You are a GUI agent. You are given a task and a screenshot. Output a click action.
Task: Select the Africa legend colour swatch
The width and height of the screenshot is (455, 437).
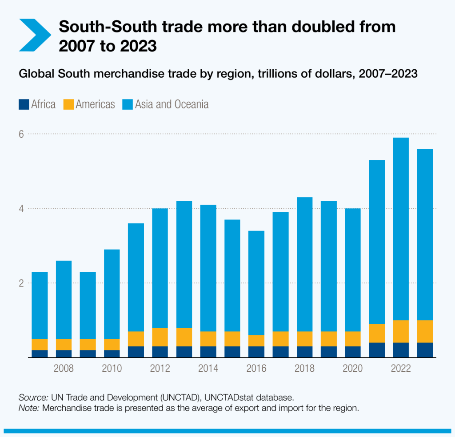click(24, 104)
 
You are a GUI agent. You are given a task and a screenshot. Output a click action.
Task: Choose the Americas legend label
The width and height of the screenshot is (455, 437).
click(95, 104)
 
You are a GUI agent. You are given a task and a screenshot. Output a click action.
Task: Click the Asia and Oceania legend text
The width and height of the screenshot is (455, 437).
click(172, 104)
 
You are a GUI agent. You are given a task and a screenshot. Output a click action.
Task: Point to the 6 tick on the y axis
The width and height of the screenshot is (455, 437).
click(21, 134)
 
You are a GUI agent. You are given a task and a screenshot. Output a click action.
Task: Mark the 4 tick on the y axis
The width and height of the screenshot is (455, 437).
click(21, 208)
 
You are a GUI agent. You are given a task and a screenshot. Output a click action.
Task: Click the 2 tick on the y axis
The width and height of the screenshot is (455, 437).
click(21, 283)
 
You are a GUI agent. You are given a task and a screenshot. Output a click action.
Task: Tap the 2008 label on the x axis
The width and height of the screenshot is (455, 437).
click(64, 369)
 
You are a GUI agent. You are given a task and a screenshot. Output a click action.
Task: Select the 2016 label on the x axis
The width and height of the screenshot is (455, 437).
click(256, 369)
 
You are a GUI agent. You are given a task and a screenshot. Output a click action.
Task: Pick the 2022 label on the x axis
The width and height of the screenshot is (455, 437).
click(401, 369)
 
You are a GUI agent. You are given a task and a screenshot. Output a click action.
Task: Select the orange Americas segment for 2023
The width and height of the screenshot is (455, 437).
click(425, 331)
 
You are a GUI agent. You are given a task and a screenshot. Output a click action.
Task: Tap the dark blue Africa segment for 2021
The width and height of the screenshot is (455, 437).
click(377, 350)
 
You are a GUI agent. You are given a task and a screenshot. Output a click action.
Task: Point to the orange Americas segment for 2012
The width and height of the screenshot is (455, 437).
click(160, 337)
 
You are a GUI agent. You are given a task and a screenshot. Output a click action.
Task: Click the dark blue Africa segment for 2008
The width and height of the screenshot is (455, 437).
click(64, 354)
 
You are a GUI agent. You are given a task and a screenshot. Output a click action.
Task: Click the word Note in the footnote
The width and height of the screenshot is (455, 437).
click(28, 408)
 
